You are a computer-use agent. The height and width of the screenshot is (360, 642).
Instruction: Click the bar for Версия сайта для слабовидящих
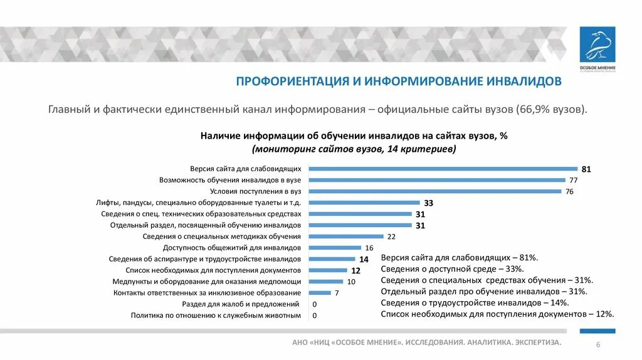click(443, 169)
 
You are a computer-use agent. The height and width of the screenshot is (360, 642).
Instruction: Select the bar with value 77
click(437, 180)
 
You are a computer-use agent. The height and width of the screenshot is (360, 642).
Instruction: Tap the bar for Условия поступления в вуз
click(435, 191)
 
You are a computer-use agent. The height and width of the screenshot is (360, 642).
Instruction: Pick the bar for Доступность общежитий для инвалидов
click(335, 248)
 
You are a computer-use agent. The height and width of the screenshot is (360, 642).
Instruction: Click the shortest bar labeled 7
click(320, 293)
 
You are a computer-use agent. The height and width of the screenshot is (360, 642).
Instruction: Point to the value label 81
click(586, 169)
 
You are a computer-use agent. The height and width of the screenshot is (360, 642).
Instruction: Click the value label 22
click(391, 236)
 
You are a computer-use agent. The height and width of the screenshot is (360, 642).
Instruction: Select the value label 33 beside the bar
click(429, 203)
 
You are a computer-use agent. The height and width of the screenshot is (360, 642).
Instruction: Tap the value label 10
click(351, 282)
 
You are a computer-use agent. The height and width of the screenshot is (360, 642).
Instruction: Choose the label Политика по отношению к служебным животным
click(216, 315)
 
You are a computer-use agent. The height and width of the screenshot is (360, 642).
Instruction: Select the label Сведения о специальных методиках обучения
click(221, 236)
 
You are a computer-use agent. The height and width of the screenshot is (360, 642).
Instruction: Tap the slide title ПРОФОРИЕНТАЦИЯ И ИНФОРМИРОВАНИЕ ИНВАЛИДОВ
click(398, 82)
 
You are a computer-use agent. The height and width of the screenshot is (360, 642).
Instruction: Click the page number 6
click(597, 345)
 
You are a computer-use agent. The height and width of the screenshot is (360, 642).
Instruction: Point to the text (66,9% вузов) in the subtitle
click(552, 110)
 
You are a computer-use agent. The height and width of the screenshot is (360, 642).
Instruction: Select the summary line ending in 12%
click(497, 314)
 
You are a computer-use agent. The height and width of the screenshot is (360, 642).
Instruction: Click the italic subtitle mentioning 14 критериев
click(354, 150)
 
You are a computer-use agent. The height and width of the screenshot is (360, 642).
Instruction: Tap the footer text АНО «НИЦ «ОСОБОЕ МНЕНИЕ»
click(348, 343)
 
